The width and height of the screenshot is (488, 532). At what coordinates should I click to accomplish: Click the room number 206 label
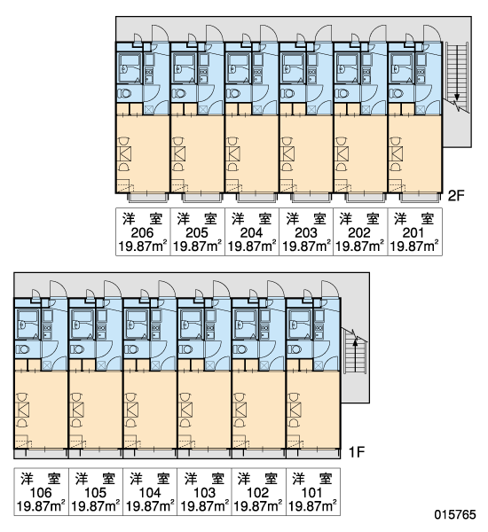(x=142, y=232)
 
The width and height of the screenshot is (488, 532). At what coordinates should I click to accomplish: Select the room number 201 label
(x=413, y=232)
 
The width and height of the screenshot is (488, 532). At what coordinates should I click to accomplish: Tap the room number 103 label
(x=204, y=492)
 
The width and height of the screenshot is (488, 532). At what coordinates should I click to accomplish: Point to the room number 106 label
(x=41, y=492)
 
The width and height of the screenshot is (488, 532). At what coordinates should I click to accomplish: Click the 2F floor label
(x=456, y=195)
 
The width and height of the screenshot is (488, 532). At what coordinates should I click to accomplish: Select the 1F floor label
(x=357, y=451)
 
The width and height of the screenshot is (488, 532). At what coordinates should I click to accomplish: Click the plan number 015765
(x=455, y=514)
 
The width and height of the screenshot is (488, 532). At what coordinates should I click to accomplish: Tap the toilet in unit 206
(x=124, y=93)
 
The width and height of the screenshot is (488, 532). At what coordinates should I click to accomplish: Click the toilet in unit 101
(x=294, y=348)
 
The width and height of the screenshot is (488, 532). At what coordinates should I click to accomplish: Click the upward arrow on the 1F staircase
(x=355, y=356)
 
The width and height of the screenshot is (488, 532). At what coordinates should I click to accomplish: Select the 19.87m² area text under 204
(x=251, y=246)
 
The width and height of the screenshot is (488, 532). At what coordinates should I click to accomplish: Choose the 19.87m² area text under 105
(x=96, y=506)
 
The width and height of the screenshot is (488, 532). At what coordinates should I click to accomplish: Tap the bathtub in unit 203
(x=293, y=67)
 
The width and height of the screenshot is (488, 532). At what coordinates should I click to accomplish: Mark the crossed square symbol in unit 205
(x=202, y=110)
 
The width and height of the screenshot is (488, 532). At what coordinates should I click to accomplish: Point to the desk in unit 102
(x=240, y=410)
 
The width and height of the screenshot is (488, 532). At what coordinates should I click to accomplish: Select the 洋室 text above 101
(x=311, y=479)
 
